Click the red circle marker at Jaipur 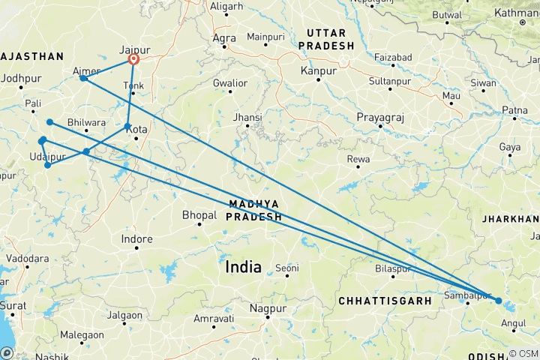click(x=133, y=60)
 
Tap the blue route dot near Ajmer click(x=82, y=78)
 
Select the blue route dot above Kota click(x=128, y=126)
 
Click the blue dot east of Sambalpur click(x=499, y=301)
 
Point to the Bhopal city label click(x=199, y=215)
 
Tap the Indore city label click(x=137, y=239)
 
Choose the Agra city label click(x=225, y=37)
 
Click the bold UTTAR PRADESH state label click(x=326, y=40)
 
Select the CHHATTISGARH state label click(x=384, y=300)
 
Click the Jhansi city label click(x=247, y=118)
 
